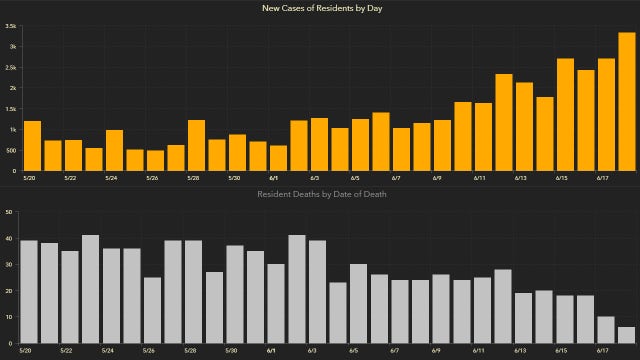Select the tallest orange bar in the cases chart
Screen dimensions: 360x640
click(626, 101)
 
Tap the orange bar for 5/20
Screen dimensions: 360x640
click(32, 145)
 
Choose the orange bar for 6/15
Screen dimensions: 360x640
click(565, 114)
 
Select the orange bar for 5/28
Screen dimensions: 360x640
click(196, 145)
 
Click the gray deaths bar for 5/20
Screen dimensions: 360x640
click(29, 291)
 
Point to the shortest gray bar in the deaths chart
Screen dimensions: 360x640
click(626, 335)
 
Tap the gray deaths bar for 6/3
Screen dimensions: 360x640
click(317, 291)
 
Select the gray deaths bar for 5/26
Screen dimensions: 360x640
click(152, 310)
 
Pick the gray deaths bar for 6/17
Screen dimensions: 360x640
click(606, 330)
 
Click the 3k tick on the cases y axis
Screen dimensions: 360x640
click(10, 47)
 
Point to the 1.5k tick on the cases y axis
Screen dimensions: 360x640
click(10, 109)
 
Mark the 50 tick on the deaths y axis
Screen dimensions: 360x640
click(8, 212)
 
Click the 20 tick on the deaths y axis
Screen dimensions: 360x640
click(8, 291)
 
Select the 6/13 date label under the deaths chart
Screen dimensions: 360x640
click(520, 351)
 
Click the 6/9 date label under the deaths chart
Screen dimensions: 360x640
click(437, 351)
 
